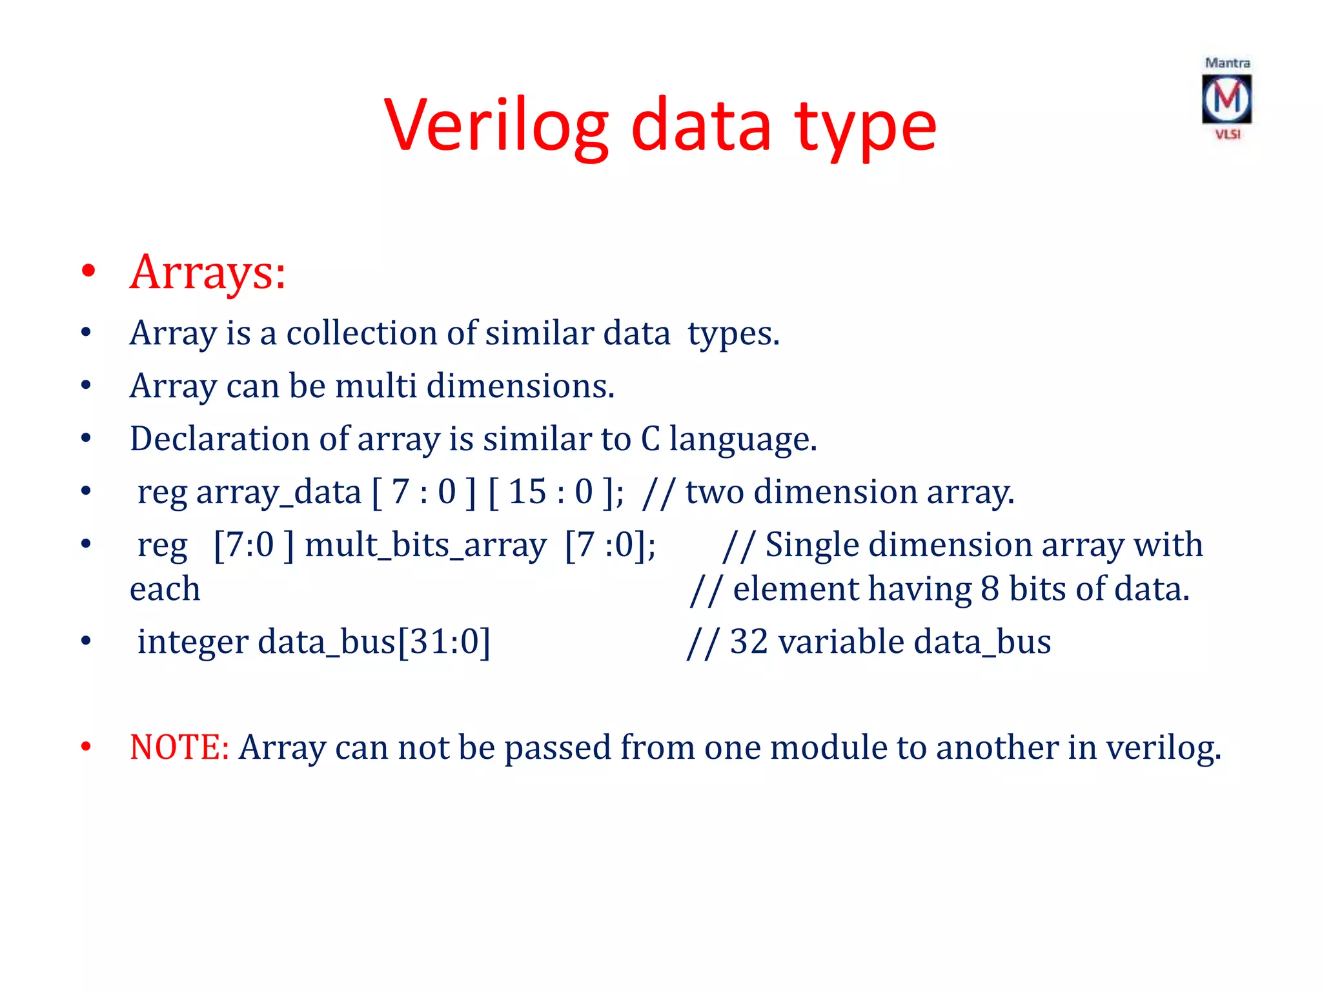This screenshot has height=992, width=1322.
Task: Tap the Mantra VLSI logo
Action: click(1226, 99)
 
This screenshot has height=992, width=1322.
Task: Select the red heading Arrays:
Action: click(207, 272)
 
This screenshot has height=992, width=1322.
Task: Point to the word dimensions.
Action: click(520, 386)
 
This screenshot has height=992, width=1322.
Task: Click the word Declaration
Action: click(219, 439)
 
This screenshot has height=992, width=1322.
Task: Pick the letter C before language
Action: click(650, 439)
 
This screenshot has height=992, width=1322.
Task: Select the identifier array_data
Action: click(278, 493)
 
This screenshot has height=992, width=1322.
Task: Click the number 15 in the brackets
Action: click(527, 492)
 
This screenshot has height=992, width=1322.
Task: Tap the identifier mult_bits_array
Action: click(425, 546)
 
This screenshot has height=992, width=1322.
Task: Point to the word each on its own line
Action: click(165, 590)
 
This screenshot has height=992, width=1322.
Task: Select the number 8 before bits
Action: click(990, 590)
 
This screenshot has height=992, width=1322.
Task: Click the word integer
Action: click(192, 643)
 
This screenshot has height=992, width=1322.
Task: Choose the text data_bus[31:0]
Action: click(374, 643)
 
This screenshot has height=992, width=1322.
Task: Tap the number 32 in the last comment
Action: click(748, 643)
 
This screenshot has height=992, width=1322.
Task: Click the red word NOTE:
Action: click(179, 748)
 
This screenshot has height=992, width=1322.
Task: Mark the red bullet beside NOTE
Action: click(86, 747)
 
